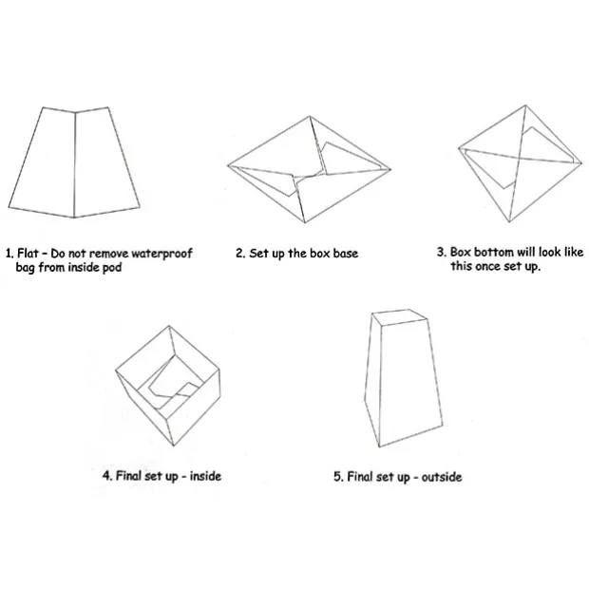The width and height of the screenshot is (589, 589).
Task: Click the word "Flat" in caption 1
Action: coord(28,254)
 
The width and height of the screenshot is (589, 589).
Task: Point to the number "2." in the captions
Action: coord(240,254)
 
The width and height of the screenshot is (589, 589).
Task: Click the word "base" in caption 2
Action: coord(346,254)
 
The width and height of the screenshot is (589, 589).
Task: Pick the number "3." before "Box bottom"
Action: coord(442,252)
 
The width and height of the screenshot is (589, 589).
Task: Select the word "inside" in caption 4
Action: coord(205,476)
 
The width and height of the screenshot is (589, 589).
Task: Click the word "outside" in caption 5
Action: coord(442,477)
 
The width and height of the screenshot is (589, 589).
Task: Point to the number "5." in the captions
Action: coord(338,477)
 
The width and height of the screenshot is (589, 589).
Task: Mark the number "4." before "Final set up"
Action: coord(107,476)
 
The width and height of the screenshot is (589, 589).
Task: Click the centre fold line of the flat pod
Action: coord(75,164)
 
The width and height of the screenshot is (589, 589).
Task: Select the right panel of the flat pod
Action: coord(106,162)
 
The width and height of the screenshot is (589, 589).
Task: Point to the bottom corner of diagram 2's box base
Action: coord(304,222)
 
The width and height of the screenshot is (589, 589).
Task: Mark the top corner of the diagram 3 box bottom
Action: coord(525,105)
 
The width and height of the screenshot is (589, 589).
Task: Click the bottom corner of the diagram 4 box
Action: coord(174,446)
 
